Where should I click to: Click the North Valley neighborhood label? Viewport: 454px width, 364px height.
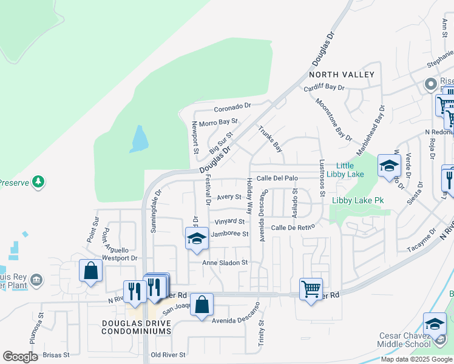pos(341,74)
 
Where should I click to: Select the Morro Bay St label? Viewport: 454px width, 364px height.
pos(219,123)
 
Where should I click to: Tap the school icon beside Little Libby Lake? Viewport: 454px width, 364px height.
pos(388,166)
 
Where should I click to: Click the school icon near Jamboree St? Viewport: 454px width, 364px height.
pos(197,240)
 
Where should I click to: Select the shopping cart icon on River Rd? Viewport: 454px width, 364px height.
pos(311,289)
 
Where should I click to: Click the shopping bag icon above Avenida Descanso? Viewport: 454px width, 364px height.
pos(202,304)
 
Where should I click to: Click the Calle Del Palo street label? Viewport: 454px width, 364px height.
pos(277,178)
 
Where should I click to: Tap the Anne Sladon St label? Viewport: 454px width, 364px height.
pos(225,263)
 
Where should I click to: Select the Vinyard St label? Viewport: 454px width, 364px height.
pos(229,222)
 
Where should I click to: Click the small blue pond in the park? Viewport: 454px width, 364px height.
pos(139,139)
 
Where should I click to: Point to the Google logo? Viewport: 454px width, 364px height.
pos(21,357)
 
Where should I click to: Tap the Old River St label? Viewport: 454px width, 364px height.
pos(168,354)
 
